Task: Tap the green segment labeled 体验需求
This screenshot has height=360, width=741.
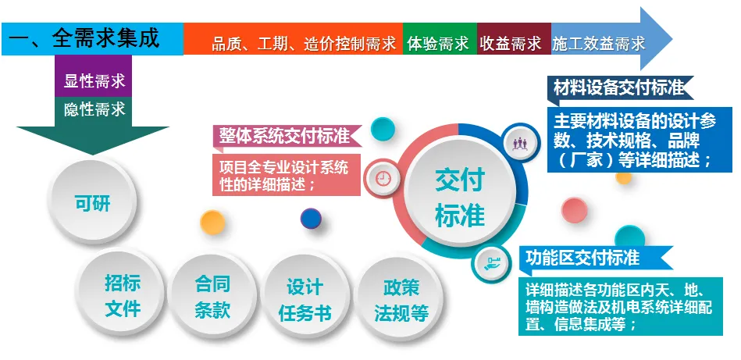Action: coord(438,43)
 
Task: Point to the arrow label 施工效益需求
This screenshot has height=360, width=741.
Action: coord(599,43)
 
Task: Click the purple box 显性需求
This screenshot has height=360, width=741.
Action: coord(94,80)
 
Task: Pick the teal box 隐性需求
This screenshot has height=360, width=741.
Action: coord(94,109)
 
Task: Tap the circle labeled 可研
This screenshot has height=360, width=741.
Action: coord(92,205)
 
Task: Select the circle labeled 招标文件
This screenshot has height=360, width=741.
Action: coord(123,295)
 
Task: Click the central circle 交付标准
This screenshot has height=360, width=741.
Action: coord(460,197)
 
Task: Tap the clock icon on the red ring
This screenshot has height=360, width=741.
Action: coord(383,177)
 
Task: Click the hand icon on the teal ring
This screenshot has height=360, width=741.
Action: coord(489,262)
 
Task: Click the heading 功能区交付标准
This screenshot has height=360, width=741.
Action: coord(582,258)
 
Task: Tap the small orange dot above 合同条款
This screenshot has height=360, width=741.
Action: coord(212,223)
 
